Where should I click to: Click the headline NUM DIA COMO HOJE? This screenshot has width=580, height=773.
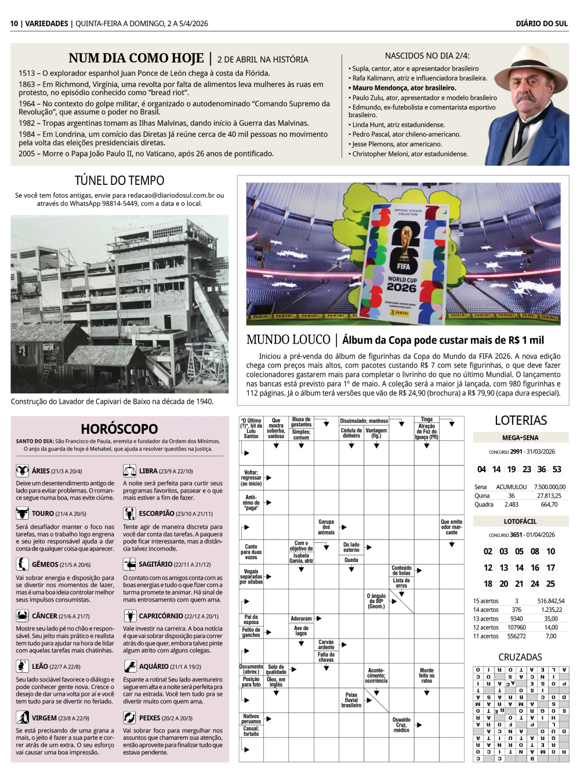pos(136,59)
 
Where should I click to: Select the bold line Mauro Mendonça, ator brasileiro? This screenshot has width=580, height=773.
pos(404,88)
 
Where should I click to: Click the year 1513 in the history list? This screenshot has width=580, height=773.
pos(27,74)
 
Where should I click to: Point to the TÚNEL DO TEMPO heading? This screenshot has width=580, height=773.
pos(119,181)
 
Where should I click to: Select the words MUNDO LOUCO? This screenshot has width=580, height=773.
pos(288,340)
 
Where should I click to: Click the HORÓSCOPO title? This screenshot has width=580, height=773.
pos(119,429)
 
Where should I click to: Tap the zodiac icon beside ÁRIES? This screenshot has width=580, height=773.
pos(23,471)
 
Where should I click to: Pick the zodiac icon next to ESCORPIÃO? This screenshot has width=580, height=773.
pos(129,513)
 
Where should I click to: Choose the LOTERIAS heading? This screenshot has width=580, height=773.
pos(521,421)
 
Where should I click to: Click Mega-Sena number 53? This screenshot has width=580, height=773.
pos(557,469)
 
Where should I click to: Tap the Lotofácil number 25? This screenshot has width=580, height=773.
pos(550,584)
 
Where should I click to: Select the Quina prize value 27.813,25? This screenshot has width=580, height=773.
pos(549,496)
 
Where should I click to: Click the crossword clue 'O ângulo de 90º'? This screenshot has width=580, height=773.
pos(376,601)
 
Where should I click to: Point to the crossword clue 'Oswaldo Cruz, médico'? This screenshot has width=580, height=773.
pos(401,725)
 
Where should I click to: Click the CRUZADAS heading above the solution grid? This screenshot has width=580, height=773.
pos(520,657)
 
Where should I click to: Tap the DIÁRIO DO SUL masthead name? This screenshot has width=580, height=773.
pos(542,24)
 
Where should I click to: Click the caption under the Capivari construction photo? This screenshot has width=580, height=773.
pos(112,402)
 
